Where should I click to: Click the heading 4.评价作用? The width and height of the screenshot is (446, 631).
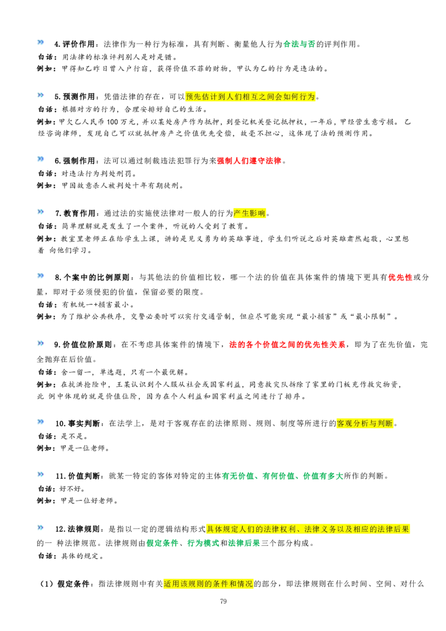click(75, 44)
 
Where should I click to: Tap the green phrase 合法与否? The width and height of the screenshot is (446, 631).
click(299, 44)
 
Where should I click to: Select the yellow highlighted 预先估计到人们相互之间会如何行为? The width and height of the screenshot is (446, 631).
click(250, 96)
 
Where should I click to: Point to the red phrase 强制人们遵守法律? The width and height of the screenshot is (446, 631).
click(249, 161)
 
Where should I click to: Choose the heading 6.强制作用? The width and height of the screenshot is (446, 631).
click(75, 161)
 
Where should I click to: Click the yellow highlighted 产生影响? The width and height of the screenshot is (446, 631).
click(250, 213)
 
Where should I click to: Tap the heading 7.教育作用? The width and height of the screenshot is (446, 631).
click(75, 213)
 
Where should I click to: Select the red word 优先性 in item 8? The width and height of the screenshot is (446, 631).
click(400, 277)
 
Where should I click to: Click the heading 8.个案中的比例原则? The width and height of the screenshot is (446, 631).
click(92, 277)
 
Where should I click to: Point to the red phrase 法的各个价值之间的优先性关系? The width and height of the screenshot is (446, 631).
click(288, 344)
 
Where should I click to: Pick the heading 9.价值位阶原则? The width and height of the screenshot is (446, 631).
click(83, 344)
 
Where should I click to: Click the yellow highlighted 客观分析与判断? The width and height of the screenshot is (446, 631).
click(365, 423)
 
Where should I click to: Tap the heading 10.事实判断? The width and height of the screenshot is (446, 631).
click(77, 423)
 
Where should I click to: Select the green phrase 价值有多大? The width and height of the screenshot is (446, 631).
click(323, 476)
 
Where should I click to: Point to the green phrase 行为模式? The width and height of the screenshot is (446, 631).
click(203, 543)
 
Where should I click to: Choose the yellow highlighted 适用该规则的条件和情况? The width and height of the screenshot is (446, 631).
click(208, 584)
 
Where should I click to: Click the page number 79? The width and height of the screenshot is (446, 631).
click(224, 601)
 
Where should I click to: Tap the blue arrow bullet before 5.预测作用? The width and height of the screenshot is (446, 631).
click(41, 95)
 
